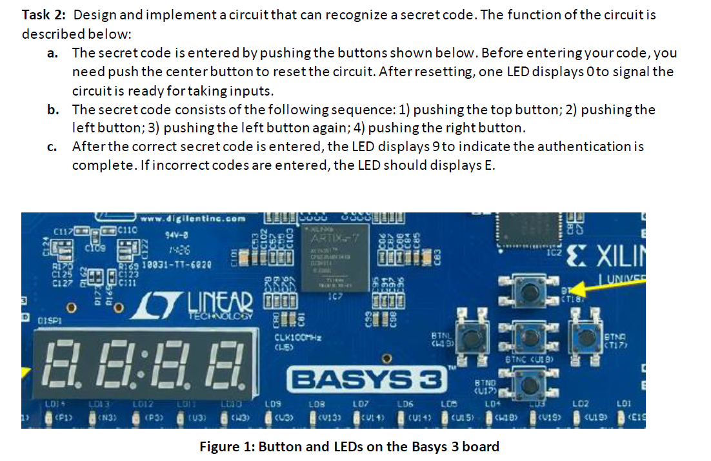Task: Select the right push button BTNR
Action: point(585,334)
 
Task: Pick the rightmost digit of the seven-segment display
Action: point(230,365)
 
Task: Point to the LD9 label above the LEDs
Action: point(272,404)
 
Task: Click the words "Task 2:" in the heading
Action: point(43,15)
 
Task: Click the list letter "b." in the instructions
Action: point(54,110)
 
